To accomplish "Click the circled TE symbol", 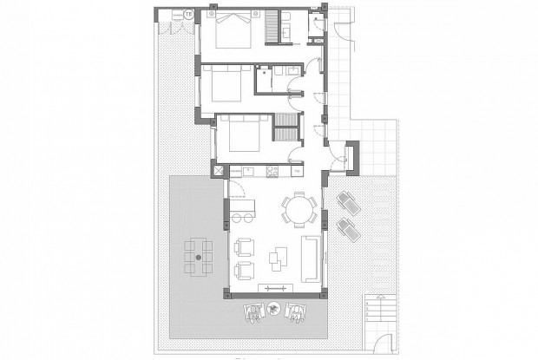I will click(189, 14).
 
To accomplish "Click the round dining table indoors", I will click(297, 208).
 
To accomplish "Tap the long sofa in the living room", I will click(309, 256).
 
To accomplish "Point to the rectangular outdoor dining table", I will click(200, 258).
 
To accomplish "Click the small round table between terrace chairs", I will click(272, 307).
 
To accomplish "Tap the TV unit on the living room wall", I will click(274, 289).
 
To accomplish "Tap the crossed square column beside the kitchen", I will click(220, 171).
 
